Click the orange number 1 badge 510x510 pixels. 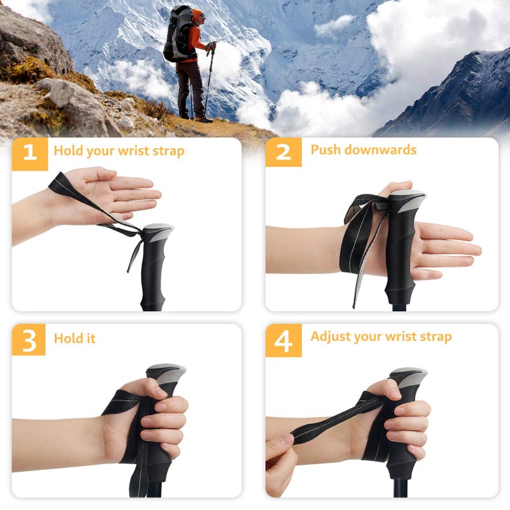click(x=29, y=153)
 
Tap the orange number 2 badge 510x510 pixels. click(x=283, y=152)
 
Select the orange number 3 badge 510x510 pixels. click(x=29, y=340)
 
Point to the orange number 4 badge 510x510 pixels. click(x=283, y=340)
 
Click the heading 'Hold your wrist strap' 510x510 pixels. click(x=119, y=151)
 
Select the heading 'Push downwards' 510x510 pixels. click(x=363, y=150)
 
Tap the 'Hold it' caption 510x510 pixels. click(x=75, y=339)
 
